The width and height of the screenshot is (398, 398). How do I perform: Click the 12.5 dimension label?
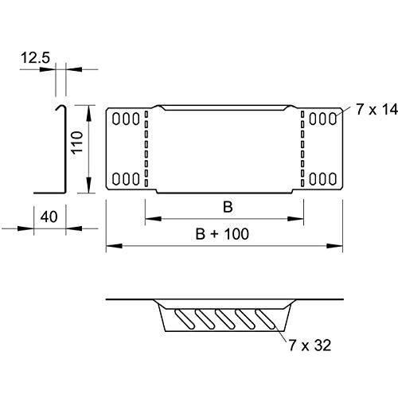coord(35,58)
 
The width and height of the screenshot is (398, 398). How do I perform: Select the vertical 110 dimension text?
coord(77,142)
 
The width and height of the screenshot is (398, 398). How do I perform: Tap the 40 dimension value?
coord(49,217)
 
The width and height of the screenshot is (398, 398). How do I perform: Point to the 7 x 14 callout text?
coord(377,109)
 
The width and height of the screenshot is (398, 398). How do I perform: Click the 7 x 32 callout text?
coord(310,345)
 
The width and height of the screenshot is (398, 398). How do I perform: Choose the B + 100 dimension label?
coord(222,234)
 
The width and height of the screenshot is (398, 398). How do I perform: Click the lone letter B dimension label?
coord(228,207)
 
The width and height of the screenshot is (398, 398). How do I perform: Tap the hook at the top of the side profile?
coord(61,107)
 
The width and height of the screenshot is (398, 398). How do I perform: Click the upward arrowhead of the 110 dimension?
coord(89,114)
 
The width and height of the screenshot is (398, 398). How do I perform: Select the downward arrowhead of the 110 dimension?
coord(89,185)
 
